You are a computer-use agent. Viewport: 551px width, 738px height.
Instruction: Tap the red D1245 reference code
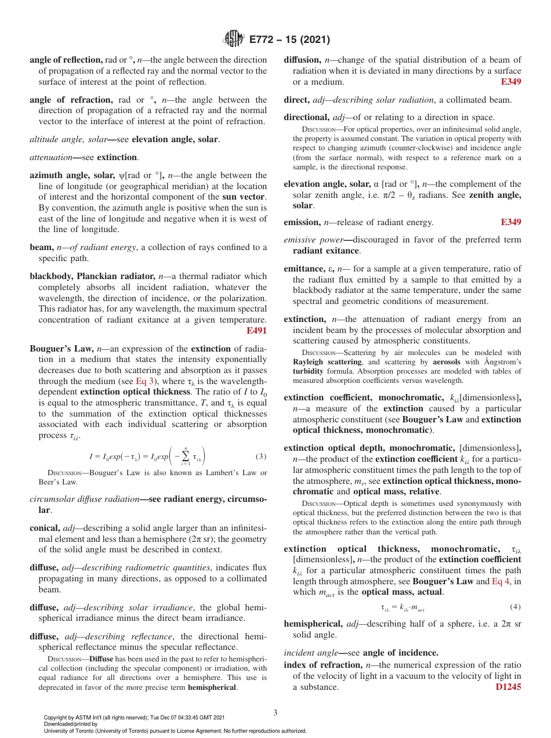508,687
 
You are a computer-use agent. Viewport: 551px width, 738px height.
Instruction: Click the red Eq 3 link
145,382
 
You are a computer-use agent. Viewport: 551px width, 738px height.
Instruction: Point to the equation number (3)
261,456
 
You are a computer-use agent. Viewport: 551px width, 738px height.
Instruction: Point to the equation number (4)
515,607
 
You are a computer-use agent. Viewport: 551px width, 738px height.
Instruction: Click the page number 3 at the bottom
275,712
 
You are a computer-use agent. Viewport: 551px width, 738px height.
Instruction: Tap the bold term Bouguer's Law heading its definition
61,349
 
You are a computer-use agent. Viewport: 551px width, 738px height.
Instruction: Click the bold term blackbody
50,276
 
